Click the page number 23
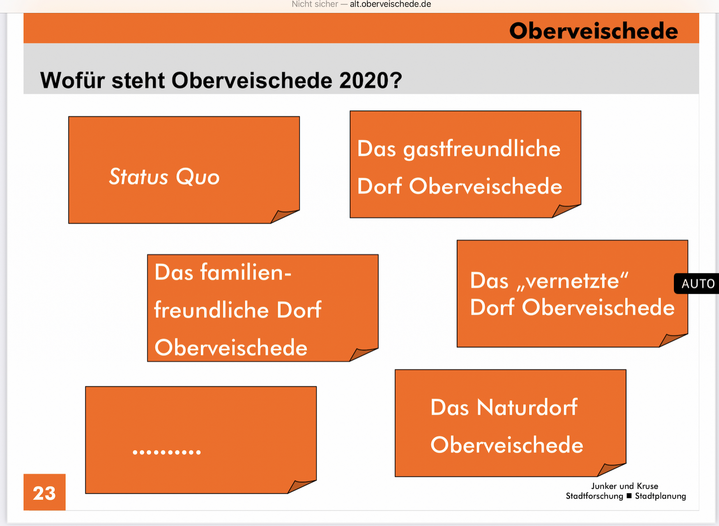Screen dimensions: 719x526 click(44, 493)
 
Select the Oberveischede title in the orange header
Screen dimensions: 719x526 click(593, 31)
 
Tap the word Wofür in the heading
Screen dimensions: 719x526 click(72, 80)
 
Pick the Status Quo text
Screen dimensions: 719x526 click(164, 177)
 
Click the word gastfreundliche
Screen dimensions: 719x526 click(482, 150)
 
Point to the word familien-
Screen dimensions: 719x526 click(245, 273)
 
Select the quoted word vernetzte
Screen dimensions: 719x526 click(572, 281)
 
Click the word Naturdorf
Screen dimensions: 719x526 click(528, 407)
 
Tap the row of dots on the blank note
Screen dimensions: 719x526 click(167, 452)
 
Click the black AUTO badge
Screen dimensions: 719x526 click(696, 284)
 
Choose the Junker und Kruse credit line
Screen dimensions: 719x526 click(625, 486)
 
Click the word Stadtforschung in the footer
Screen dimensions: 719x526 click(594, 496)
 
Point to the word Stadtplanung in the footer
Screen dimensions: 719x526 click(661, 496)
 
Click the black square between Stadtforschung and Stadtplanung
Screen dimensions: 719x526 click(629, 496)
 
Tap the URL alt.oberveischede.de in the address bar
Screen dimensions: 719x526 click(390, 4)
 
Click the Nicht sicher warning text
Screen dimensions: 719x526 click(314, 4)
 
